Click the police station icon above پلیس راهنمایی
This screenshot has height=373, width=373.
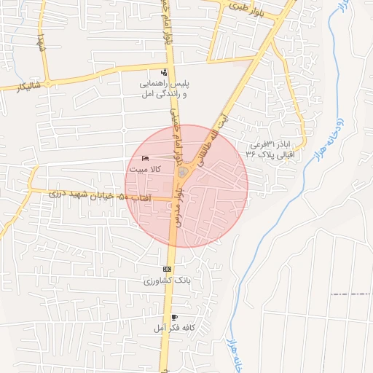click(164, 72)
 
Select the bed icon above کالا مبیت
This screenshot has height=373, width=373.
click(146, 158)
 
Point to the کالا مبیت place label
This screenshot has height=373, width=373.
click(144, 169)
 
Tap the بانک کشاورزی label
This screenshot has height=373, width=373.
click(157, 280)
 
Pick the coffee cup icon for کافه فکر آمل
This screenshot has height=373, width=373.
click(174, 318)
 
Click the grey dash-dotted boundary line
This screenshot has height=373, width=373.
click(350, 294)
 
